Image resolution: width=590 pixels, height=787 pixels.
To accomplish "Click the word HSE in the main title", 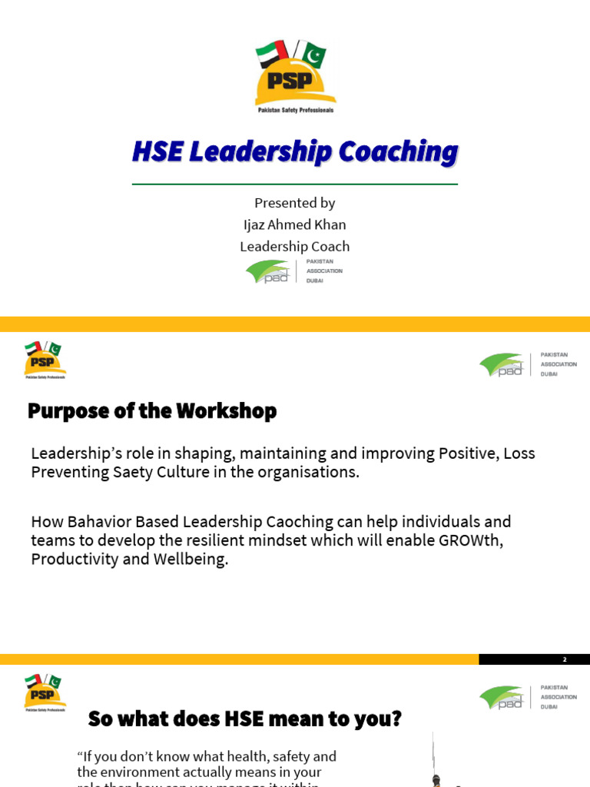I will pos(157,152).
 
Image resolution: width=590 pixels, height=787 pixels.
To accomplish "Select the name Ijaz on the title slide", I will pos(255,224).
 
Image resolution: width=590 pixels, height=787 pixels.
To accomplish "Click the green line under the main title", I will pos(295,184).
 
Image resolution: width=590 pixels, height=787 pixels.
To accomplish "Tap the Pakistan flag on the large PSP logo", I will pos(313,56).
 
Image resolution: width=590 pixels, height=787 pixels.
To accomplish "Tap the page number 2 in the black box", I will pos(564,659).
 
